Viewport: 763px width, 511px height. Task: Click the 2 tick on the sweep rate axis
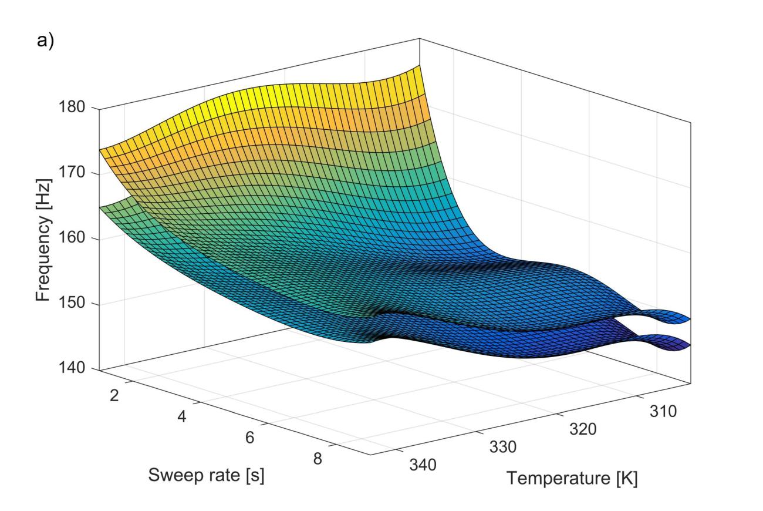click(x=114, y=395)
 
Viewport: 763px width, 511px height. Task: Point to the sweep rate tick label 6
click(x=249, y=438)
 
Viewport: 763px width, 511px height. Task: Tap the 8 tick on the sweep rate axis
click(x=318, y=459)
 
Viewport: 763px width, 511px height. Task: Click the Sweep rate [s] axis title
click(x=206, y=475)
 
